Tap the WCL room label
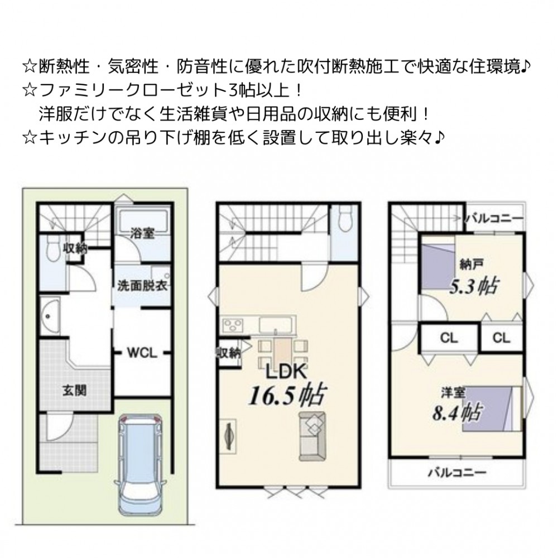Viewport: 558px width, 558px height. pos(142,353)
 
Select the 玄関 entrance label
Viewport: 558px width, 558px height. pos(74,391)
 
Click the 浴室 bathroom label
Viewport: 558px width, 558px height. pos(142,233)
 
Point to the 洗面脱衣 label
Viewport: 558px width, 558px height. pos(143,286)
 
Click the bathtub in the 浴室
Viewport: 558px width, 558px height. pos(143,220)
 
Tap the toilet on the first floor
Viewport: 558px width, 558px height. pos(53,249)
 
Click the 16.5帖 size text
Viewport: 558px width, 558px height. pos(287,396)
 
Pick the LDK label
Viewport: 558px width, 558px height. pos(287,372)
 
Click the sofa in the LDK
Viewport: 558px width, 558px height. pos(312,436)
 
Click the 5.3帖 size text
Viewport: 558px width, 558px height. pos(474,286)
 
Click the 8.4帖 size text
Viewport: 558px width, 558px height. pos(456,412)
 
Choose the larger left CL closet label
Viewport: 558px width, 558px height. pos(449,338)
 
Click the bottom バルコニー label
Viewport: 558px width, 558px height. pos(457,473)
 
